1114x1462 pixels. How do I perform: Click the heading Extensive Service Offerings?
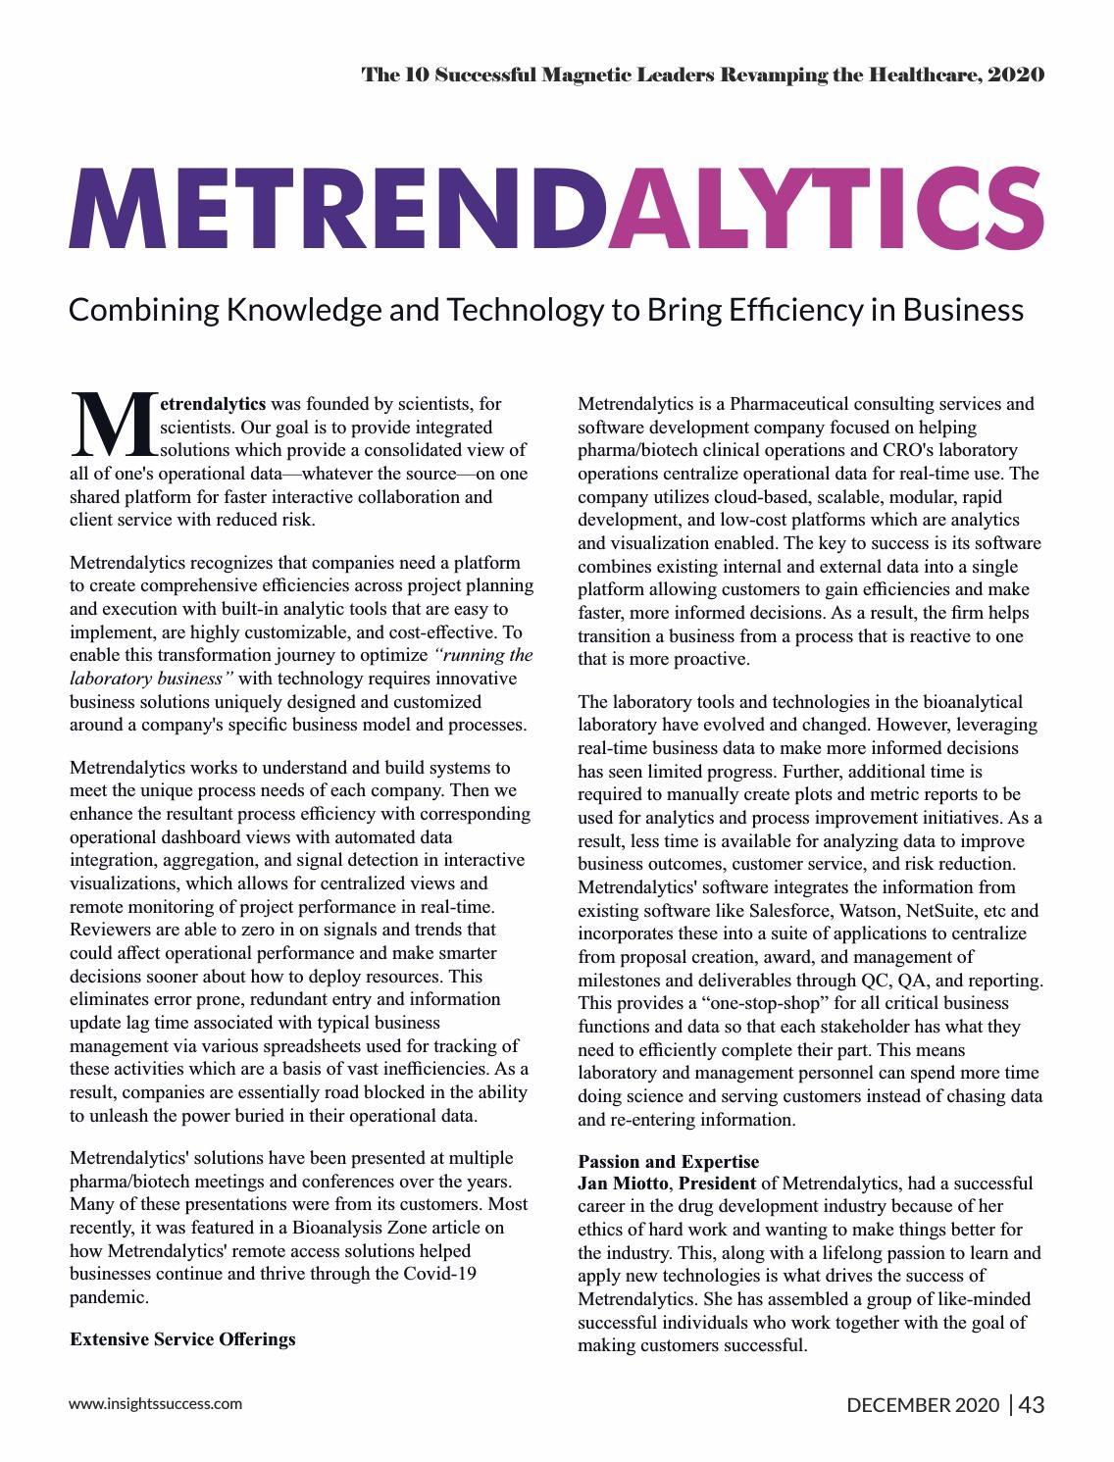[182, 1338]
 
